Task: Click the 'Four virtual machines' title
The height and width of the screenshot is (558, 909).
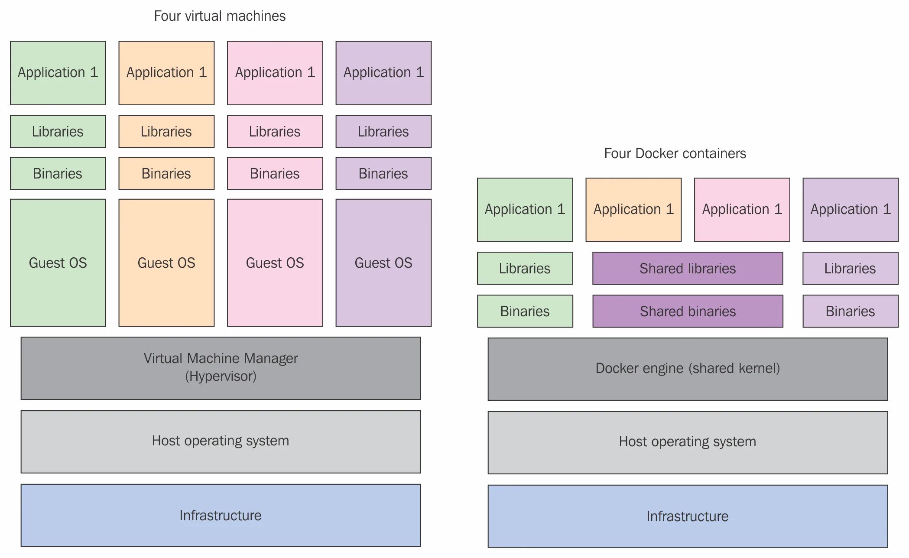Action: (x=220, y=16)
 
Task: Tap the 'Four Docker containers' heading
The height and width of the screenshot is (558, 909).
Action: (x=675, y=153)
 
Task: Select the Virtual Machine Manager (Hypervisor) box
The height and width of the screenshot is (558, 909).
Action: (x=221, y=368)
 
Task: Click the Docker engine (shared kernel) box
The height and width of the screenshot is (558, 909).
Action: (x=687, y=369)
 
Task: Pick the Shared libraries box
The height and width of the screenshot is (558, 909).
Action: (x=687, y=268)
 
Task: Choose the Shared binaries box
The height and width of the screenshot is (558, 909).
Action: (x=687, y=311)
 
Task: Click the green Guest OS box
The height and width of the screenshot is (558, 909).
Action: (x=58, y=263)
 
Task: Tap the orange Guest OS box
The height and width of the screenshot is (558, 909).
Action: (x=166, y=263)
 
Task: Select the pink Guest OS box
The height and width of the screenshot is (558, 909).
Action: (x=275, y=263)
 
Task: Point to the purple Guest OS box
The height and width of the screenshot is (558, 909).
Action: (x=383, y=263)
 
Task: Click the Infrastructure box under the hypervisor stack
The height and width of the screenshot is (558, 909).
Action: (x=221, y=515)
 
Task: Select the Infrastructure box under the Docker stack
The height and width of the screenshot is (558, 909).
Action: (x=687, y=516)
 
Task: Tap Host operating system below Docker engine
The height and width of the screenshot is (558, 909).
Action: (x=687, y=442)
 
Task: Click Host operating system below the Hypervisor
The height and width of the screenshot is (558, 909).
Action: (x=221, y=441)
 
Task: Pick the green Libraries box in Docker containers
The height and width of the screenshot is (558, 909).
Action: (x=525, y=268)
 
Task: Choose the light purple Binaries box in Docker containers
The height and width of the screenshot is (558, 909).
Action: (x=850, y=311)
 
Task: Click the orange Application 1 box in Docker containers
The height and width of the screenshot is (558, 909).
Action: (x=633, y=210)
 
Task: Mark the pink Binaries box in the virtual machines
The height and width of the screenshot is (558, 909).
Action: (x=275, y=173)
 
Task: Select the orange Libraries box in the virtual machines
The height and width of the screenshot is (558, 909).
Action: (x=166, y=131)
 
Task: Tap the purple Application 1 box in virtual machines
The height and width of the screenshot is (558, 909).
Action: (x=383, y=73)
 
